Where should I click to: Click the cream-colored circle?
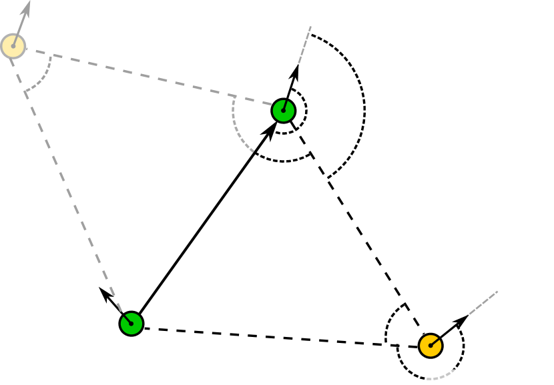[13, 46]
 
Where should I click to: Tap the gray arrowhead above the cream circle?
[27, 8]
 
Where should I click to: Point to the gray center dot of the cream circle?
[13, 46]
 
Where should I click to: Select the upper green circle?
[284, 111]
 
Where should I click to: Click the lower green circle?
[131, 324]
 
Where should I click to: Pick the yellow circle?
[431, 346]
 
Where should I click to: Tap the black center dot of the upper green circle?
[284, 111]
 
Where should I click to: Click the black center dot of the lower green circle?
[131, 324]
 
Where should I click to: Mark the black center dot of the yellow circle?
[431, 346]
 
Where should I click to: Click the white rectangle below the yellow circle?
[441, 377]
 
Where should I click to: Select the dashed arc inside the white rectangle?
[442, 377]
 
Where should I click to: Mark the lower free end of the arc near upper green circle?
[254, 152]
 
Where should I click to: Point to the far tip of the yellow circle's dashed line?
[498, 291]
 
